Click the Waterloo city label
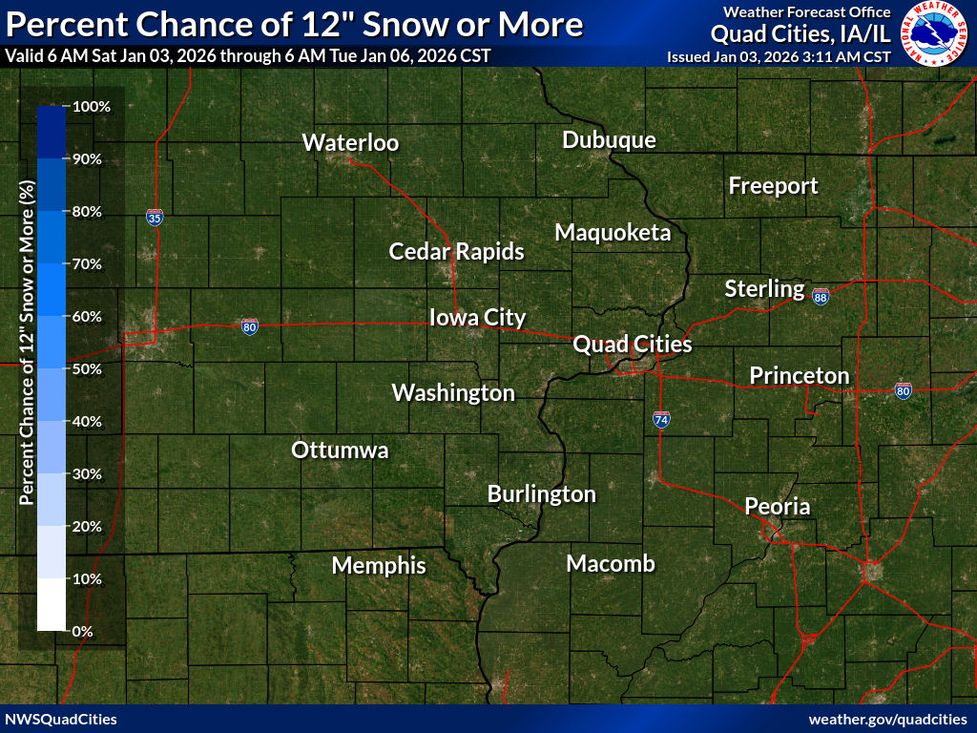tap(350, 143)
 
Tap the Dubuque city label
tap(609, 140)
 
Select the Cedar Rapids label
tap(456, 252)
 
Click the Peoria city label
tap(777, 506)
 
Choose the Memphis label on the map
tap(379, 566)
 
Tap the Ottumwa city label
tap(340, 450)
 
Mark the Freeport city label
tap(773, 186)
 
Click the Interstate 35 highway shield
tap(155, 218)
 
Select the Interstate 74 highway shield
tap(661, 418)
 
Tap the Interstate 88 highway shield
tap(821, 298)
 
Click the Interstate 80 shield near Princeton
tap(903, 389)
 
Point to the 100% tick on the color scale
tap(93, 107)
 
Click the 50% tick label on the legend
tap(93, 369)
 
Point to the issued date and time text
tap(780, 56)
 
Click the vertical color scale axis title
tap(28, 369)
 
